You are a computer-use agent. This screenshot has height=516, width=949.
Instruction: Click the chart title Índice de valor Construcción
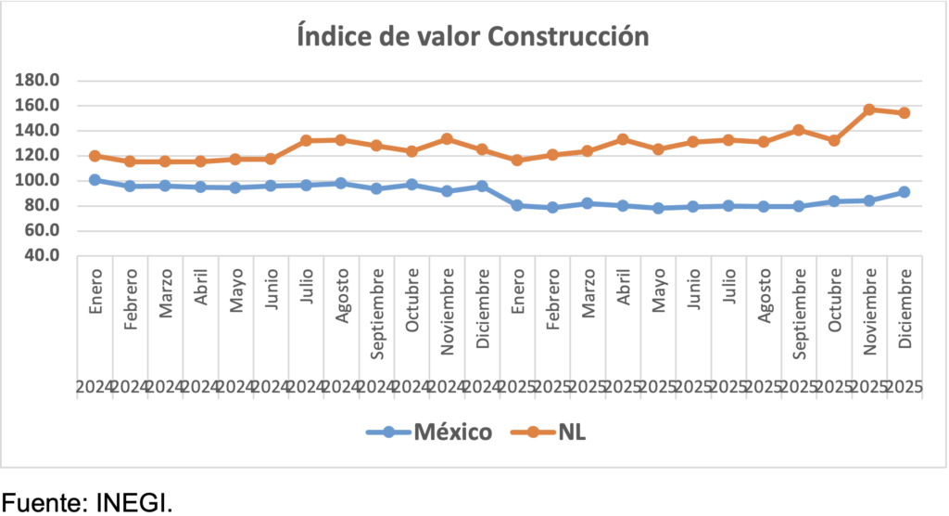click(x=474, y=37)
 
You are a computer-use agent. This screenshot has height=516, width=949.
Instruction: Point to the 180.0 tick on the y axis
click(x=42, y=81)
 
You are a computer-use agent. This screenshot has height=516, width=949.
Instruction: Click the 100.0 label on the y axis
click(x=42, y=181)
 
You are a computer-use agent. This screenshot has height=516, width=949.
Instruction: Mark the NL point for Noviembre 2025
click(x=869, y=110)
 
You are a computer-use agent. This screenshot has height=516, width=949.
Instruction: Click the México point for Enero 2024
click(x=95, y=180)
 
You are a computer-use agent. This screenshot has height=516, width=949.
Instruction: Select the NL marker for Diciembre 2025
click(x=905, y=113)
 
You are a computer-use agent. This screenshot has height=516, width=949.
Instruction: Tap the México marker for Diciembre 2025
click(x=905, y=192)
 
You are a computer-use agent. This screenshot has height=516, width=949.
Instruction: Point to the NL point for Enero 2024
click(x=95, y=156)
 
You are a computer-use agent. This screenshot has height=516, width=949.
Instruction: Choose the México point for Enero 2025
click(x=518, y=205)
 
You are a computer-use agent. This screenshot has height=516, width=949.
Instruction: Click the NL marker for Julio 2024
click(x=307, y=141)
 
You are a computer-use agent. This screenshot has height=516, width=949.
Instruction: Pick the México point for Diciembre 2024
click(x=483, y=187)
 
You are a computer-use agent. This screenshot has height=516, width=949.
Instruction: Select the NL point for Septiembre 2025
click(x=799, y=130)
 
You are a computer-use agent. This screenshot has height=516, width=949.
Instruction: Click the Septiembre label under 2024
click(x=377, y=303)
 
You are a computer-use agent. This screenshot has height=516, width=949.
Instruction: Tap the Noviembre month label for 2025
click(x=869, y=303)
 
